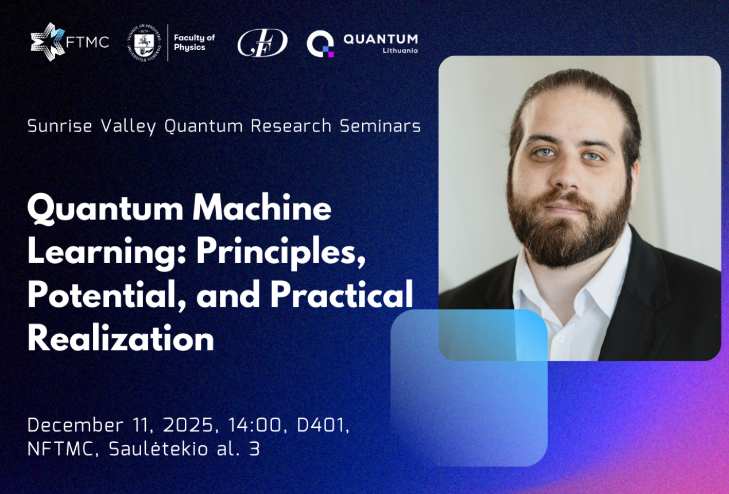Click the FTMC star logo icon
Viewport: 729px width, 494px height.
tap(48, 42)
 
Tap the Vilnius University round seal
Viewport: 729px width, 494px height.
tap(144, 43)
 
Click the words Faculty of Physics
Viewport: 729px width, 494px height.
tap(194, 43)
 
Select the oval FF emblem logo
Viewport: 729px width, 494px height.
tap(262, 43)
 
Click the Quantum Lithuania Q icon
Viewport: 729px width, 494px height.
tap(320, 44)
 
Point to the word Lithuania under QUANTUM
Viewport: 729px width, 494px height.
tap(400, 51)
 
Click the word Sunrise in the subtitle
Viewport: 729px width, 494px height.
tap(60, 126)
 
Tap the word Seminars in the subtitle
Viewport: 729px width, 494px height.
tap(380, 126)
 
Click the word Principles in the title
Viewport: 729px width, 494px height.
tap(281, 254)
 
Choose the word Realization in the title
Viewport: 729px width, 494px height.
tap(121, 337)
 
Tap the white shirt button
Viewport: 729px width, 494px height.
tap(560, 339)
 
